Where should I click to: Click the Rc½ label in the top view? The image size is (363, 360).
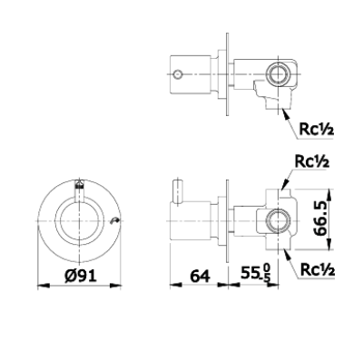318,128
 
